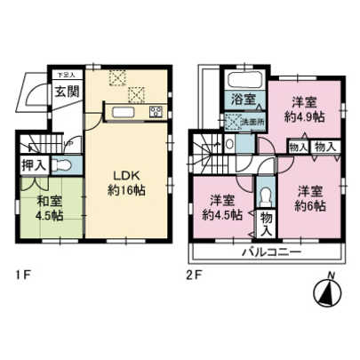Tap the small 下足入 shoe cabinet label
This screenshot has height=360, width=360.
[x=66, y=75]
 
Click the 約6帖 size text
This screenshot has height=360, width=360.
[x=309, y=204]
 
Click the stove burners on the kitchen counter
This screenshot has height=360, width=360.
[x=156, y=112]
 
